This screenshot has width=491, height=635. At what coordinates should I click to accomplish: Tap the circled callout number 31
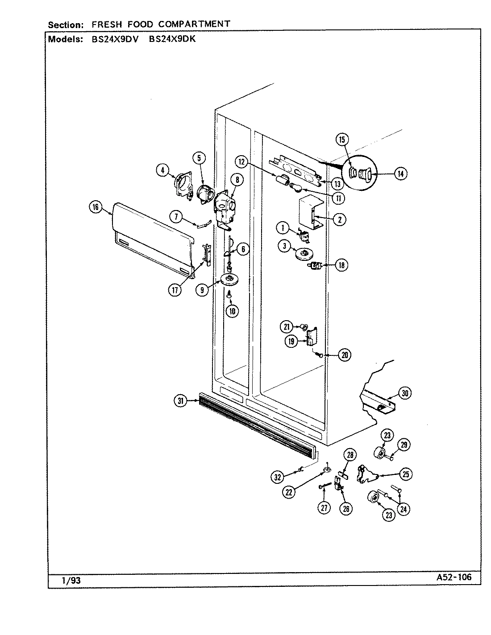point(180,401)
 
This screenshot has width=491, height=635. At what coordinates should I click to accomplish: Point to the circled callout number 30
point(405,393)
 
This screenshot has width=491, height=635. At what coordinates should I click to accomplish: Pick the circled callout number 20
point(344,355)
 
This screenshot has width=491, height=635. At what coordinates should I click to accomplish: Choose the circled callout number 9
point(202,289)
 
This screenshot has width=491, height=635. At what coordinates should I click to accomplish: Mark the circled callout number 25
point(406,474)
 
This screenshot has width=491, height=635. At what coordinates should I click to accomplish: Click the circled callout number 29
point(404,445)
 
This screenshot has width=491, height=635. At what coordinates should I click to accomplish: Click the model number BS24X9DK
point(172,39)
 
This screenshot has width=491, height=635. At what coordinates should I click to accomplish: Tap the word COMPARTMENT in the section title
point(195,24)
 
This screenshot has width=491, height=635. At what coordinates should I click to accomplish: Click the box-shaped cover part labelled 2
point(310,214)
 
